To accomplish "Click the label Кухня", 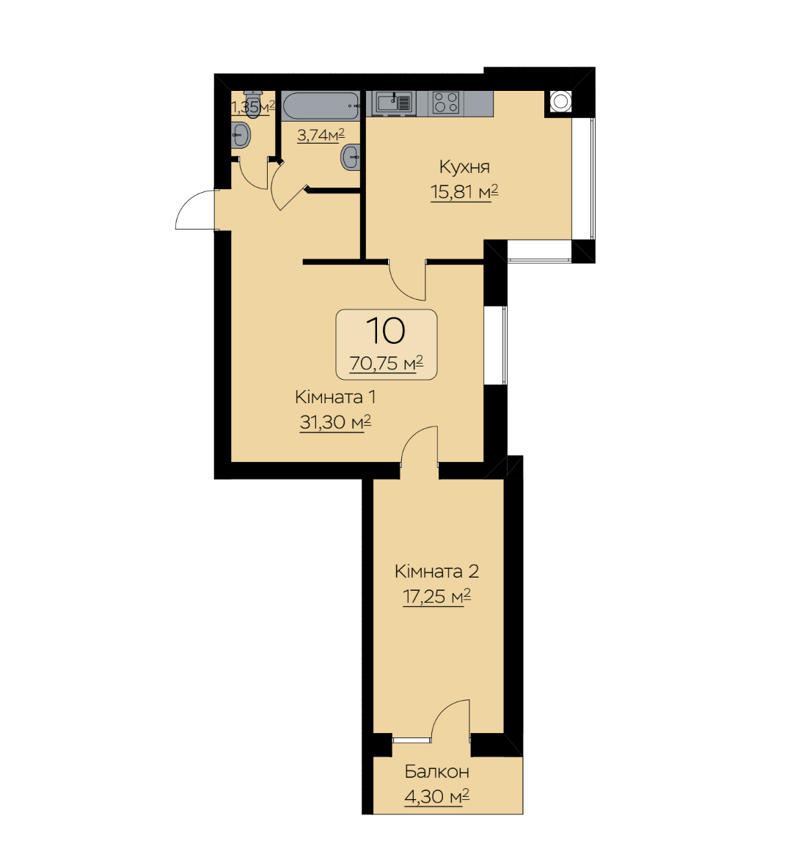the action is point(464,166).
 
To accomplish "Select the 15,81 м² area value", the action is point(464,191).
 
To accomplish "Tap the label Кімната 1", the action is point(335,397).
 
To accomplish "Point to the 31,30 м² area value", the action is point(335,422).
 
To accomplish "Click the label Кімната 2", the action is point(436,571).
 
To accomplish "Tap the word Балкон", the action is point(436,772).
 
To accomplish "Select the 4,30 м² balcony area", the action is point(436,796).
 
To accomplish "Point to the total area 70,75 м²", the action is point(386,363).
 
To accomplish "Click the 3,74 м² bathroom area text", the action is point(321,135).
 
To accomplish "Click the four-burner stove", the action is point(447,103).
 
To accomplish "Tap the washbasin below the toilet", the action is point(241,134).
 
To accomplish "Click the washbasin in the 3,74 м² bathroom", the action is point(351,157).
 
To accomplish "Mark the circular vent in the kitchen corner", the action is point(560,101).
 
